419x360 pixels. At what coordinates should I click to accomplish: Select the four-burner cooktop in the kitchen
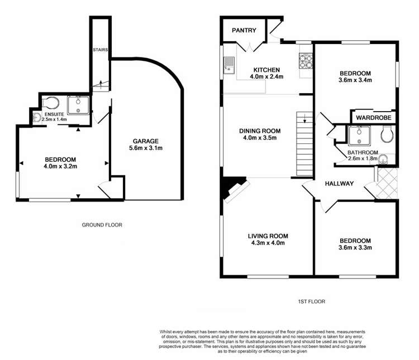(x=306, y=60)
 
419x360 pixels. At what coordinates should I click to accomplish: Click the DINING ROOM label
(x=260, y=131)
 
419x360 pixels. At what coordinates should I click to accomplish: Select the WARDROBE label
(x=374, y=118)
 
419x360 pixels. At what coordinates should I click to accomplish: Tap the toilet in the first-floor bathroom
(x=386, y=134)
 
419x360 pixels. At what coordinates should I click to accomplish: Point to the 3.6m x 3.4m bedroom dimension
(x=356, y=80)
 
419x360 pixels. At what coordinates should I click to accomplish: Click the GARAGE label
(x=146, y=141)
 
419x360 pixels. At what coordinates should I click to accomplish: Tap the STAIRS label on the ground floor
(x=101, y=49)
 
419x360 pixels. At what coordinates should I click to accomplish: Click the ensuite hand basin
(x=36, y=117)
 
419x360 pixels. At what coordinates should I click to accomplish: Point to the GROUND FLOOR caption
(x=102, y=225)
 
